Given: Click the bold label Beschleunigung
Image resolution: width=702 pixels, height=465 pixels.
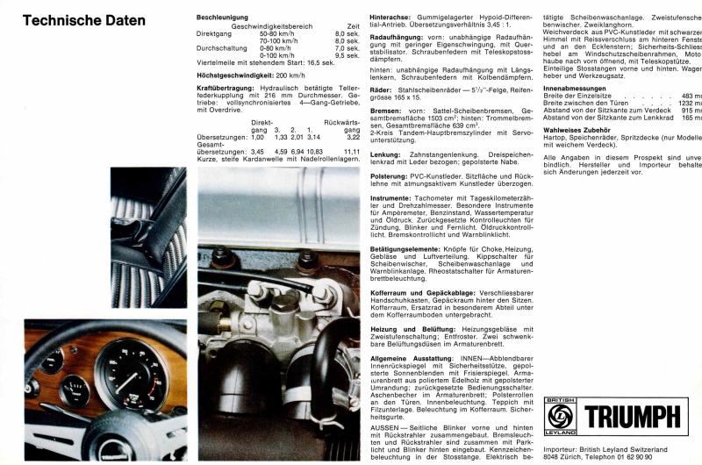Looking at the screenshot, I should click(x=226, y=17).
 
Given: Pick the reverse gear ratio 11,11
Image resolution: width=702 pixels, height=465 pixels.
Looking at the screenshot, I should click(x=352, y=151).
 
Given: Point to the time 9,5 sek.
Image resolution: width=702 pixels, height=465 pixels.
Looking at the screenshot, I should click(x=347, y=55).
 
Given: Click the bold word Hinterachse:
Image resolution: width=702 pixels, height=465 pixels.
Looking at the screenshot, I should click(x=393, y=17).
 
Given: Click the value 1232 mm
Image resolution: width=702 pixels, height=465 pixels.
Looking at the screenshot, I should click(x=688, y=104).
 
